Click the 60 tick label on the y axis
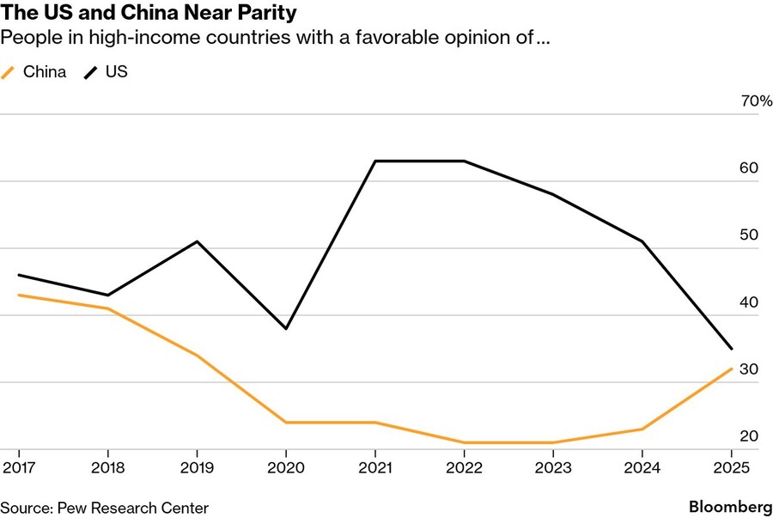click(748, 168)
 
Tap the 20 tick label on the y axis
click(748, 436)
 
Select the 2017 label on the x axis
click(18, 467)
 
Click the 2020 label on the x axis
click(286, 467)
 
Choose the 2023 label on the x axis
click(552, 467)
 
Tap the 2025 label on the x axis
click(731, 467)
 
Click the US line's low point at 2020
click(286, 329)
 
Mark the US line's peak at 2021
click(375, 161)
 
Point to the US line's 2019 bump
click(197, 241)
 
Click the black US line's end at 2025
click(731, 349)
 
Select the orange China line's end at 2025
click(731, 369)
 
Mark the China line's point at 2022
click(464, 442)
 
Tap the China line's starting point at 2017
click(18, 296)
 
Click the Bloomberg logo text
click(730, 507)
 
